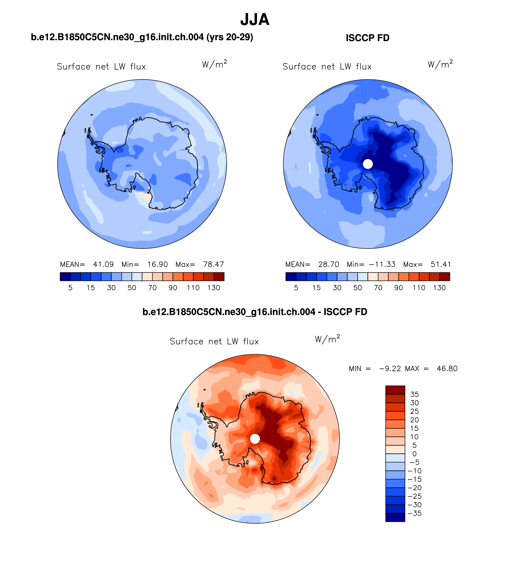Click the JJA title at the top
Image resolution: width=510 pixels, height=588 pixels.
point(255,20)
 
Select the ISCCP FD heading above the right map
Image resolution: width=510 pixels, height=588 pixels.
point(367,38)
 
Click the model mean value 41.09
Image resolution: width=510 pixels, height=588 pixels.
point(103,264)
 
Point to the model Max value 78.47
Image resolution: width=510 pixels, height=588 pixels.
point(213,264)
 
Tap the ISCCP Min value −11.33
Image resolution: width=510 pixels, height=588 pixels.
point(382,264)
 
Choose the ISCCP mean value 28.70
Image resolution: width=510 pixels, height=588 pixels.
point(329,264)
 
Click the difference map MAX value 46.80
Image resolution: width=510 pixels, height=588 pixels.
point(447,369)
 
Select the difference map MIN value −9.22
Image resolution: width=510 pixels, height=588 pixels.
point(390,369)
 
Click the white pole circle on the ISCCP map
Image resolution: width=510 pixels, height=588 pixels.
point(368,164)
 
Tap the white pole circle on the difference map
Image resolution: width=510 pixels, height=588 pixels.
point(255,439)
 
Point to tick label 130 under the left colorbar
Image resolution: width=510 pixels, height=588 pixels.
point(214,288)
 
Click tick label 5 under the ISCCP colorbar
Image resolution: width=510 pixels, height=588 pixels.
point(296,288)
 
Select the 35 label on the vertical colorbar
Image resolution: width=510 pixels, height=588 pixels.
point(414,394)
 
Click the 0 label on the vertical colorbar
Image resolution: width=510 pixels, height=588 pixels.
point(414,454)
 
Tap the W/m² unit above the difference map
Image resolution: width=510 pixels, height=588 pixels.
point(327,339)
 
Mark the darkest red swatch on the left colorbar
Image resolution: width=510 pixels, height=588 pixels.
point(219,276)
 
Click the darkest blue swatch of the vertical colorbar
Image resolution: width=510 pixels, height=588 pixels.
point(395,517)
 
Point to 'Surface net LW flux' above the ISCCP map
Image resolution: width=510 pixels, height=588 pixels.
point(327,66)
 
